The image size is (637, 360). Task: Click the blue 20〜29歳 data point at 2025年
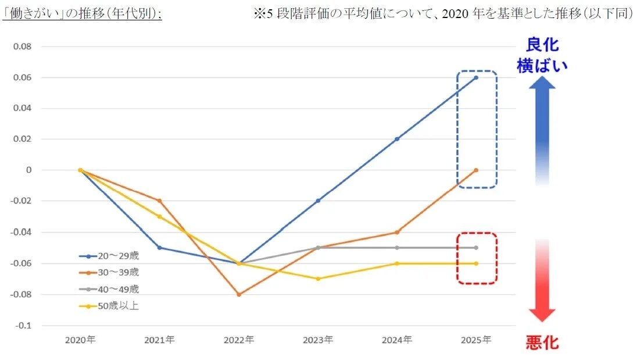point(476,77)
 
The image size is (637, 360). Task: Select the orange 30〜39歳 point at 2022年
point(238,294)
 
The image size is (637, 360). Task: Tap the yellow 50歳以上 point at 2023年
point(317,279)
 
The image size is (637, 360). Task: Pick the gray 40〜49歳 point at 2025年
point(476,248)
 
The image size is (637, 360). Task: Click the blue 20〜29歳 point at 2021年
point(159,248)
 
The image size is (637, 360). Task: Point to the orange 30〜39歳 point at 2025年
point(476,170)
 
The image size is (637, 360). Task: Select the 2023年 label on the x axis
point(317,340)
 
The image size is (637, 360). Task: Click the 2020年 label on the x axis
point(80,340)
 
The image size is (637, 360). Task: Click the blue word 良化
point(542,45)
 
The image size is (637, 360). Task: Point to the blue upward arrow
point(542,128)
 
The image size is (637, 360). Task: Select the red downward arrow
point(542,279)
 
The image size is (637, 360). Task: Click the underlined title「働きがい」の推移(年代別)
point(82,14)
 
